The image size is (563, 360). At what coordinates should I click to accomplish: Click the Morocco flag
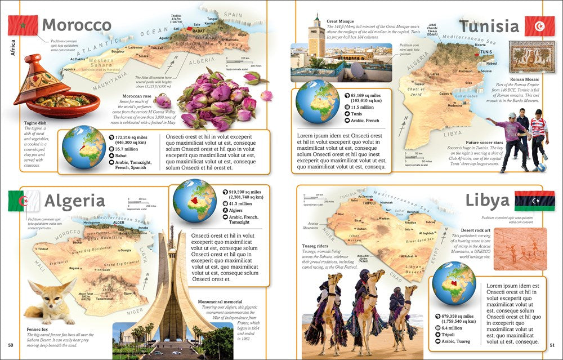tap(23, 25)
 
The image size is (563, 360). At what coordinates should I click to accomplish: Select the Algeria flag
tap(24, 201)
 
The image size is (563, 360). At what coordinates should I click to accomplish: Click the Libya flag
tap(534, 201)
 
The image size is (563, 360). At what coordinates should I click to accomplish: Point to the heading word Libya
tap(488, 201)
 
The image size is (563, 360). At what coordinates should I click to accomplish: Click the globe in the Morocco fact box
tap(83, 147)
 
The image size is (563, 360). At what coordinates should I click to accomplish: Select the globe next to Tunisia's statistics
tap(317, 101)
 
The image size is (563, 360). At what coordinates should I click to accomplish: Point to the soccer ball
tap(541, 167)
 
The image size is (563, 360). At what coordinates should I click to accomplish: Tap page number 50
tap(10, 345)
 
